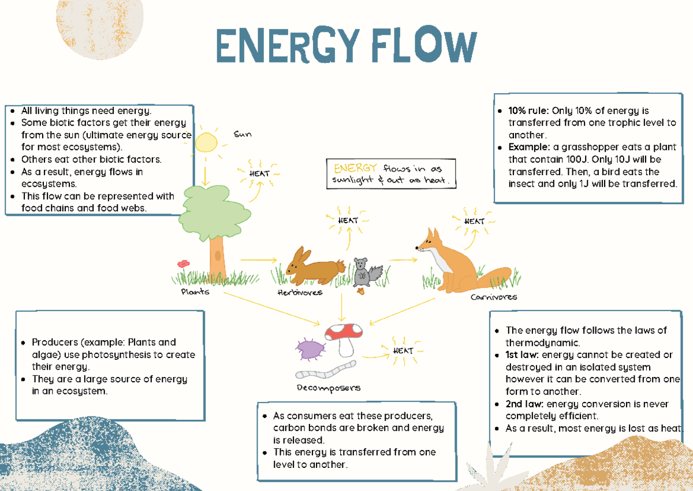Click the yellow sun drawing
pos(206,142)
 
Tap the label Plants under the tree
pos(195,291)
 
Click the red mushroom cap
pos(344,331)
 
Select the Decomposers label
pos(329,387)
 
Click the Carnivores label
pos(493,297)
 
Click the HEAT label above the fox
pos(475,221)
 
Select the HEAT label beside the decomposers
pos(403,350)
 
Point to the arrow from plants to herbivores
pos(258,260)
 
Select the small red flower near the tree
pos(184,264)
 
